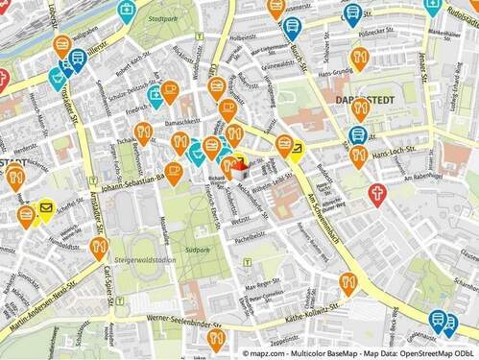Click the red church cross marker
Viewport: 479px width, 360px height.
378,194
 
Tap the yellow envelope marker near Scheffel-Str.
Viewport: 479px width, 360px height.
45,207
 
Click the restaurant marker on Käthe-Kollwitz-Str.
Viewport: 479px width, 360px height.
348,282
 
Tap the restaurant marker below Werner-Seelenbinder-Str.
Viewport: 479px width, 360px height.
217,339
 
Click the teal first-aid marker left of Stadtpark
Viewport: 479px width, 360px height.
155,94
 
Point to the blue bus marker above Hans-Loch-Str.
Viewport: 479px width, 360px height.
358,135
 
